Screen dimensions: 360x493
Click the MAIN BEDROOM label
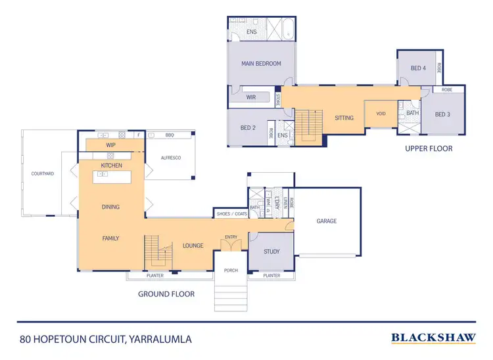tap(262, 64)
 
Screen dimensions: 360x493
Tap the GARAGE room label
tap(327, 221)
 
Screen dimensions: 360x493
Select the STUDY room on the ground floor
tap(271, 252)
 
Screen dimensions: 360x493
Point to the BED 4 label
tap(418, 68)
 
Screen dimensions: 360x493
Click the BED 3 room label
tap(443, 114)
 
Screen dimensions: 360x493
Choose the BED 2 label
tap(247, 127)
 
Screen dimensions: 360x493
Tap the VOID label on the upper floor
tap(381, 114)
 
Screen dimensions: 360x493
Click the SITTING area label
tap(344, 118)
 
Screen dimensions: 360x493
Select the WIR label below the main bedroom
tap(250, 97)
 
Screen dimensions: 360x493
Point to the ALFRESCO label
tap(170, 158)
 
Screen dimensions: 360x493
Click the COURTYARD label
tap(42, 173)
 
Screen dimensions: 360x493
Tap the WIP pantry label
tap(110, 145)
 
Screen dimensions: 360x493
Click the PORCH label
tap(231, 270)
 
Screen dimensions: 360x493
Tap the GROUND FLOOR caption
tap(166, 294)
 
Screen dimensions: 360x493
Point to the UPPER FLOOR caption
tap(429, 148)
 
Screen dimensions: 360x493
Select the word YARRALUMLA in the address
tap(162, 340)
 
